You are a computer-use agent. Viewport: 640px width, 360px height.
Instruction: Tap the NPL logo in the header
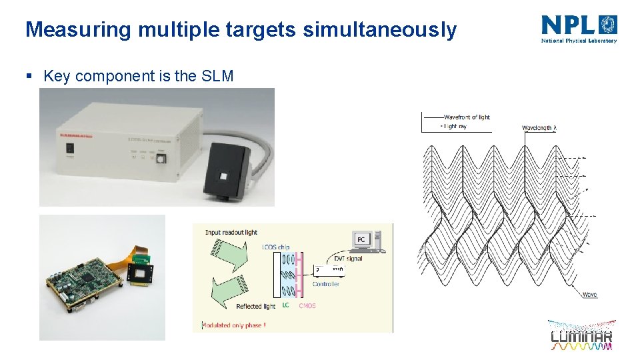pos(579,28)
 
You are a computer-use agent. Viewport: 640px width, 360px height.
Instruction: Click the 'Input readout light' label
pos(231,233)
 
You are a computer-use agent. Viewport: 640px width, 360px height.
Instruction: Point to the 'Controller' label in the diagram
pos(326,284)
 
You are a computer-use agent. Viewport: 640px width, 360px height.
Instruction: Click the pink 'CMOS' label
pos(307,306)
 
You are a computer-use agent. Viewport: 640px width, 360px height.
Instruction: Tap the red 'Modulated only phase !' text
pos(233,325)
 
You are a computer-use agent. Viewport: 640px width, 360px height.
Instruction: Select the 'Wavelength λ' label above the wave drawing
pos(539,127)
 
